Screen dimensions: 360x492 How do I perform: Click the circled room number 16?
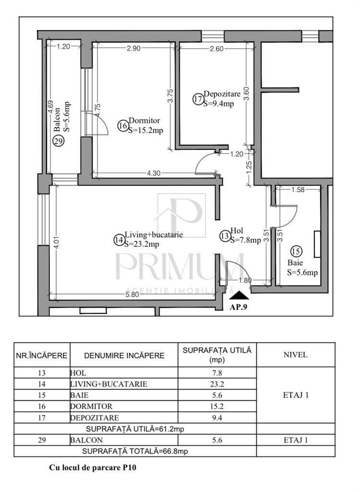(122, 126)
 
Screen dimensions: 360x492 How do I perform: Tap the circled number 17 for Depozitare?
(198, 99)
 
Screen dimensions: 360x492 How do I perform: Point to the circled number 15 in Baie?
(297, 251)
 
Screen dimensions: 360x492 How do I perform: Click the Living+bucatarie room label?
(154, 234)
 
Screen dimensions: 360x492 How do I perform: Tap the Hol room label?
(237, 231)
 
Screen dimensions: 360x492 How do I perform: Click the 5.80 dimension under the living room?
(132, 295)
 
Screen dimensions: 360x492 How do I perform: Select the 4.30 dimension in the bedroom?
(154, 173)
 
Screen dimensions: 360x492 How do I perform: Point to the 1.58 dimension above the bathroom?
(298, 189)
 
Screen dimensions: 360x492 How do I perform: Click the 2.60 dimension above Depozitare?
(216, 49)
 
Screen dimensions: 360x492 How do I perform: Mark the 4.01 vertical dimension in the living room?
(57, 243)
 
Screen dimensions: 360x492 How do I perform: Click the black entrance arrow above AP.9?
(239, 295)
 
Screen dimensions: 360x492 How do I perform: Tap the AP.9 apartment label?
(239, 307)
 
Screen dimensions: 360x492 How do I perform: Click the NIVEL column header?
(295, 355)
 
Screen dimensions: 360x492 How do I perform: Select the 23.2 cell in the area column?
(217, 384)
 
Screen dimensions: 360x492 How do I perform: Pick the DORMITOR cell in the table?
(91, 406)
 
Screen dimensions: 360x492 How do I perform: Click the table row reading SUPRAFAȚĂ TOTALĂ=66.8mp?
(135, 451)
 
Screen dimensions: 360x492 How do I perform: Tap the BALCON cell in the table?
(86, 440)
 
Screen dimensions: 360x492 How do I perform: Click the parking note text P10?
(129, 467)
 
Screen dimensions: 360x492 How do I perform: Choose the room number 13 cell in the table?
(42, 373)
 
